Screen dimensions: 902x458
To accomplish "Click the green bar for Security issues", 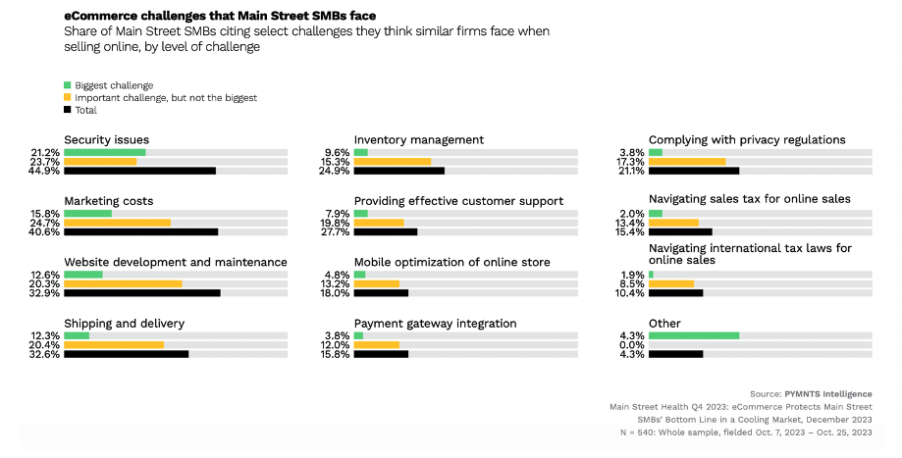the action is (105, 152).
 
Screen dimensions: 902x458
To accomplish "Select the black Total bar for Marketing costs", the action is (141, 231).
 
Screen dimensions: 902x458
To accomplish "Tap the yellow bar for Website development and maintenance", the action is (123, 283).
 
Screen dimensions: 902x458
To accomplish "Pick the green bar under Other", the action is (694, 335).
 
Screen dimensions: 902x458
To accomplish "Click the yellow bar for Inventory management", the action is (393, 162).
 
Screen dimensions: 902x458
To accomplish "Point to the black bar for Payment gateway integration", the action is (381, 354).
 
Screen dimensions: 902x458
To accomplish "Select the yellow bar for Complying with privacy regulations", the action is (687, 162).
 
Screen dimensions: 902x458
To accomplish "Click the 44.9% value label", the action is (45, 171).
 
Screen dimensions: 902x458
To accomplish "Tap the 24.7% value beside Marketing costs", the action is (45, 223).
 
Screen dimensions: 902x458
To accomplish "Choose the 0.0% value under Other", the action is (632, 345).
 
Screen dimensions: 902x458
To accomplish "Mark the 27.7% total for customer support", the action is (335, 232).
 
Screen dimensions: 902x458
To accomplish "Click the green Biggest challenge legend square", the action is (68, 85).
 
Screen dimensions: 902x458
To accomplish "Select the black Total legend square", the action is (68, 109).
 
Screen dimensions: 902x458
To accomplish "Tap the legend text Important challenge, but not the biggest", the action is (166, 98).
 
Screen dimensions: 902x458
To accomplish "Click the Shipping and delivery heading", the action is (125, 324).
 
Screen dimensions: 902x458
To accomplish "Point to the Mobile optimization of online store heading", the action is (452, 263).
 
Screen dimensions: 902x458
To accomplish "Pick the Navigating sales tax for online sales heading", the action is (750, 199).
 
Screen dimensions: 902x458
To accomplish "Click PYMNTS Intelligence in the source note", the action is (828, 394).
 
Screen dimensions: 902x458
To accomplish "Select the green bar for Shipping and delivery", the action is (77, 335).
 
